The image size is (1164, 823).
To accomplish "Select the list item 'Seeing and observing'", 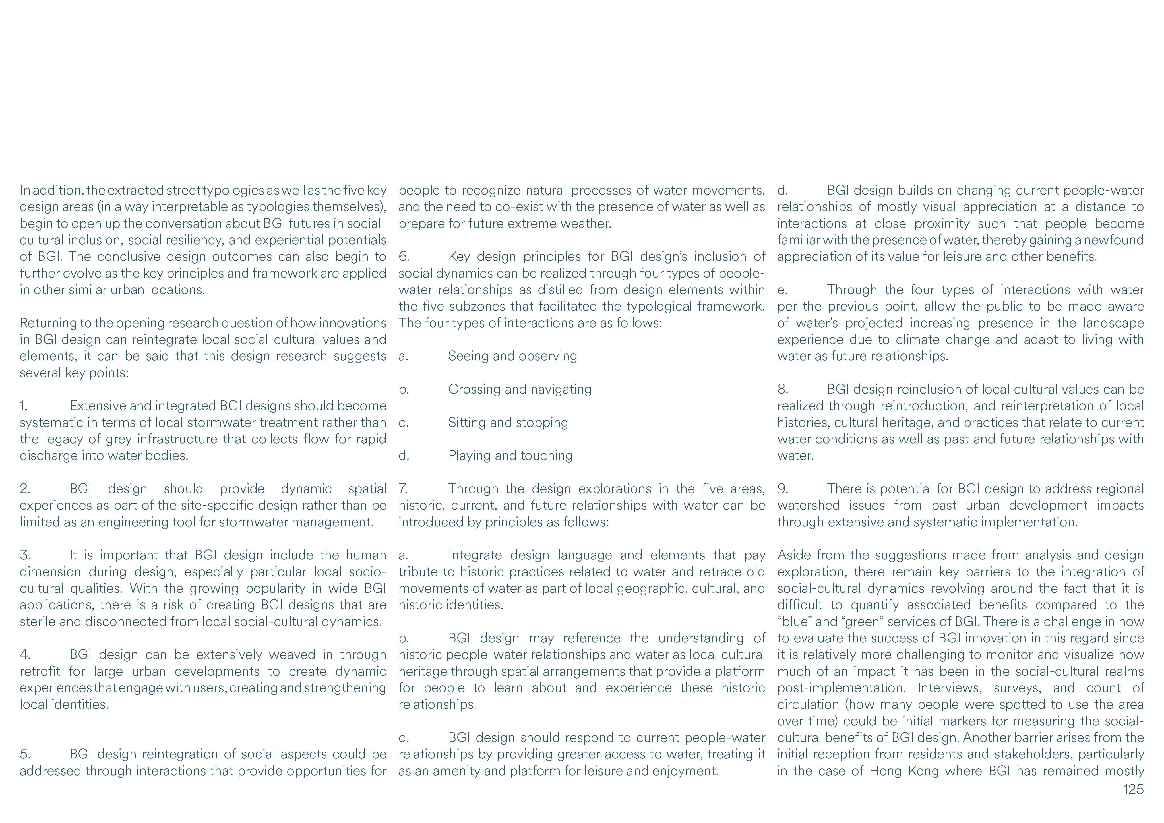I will pos(512,356).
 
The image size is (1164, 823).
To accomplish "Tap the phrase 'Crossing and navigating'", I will pos(520,389).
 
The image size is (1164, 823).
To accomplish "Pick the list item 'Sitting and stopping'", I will pos(508,422).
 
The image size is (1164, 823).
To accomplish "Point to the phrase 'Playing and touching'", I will pos(510,455).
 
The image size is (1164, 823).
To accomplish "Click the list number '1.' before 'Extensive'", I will pos(24,406).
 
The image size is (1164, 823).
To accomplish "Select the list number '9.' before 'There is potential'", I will pos(782,489).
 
